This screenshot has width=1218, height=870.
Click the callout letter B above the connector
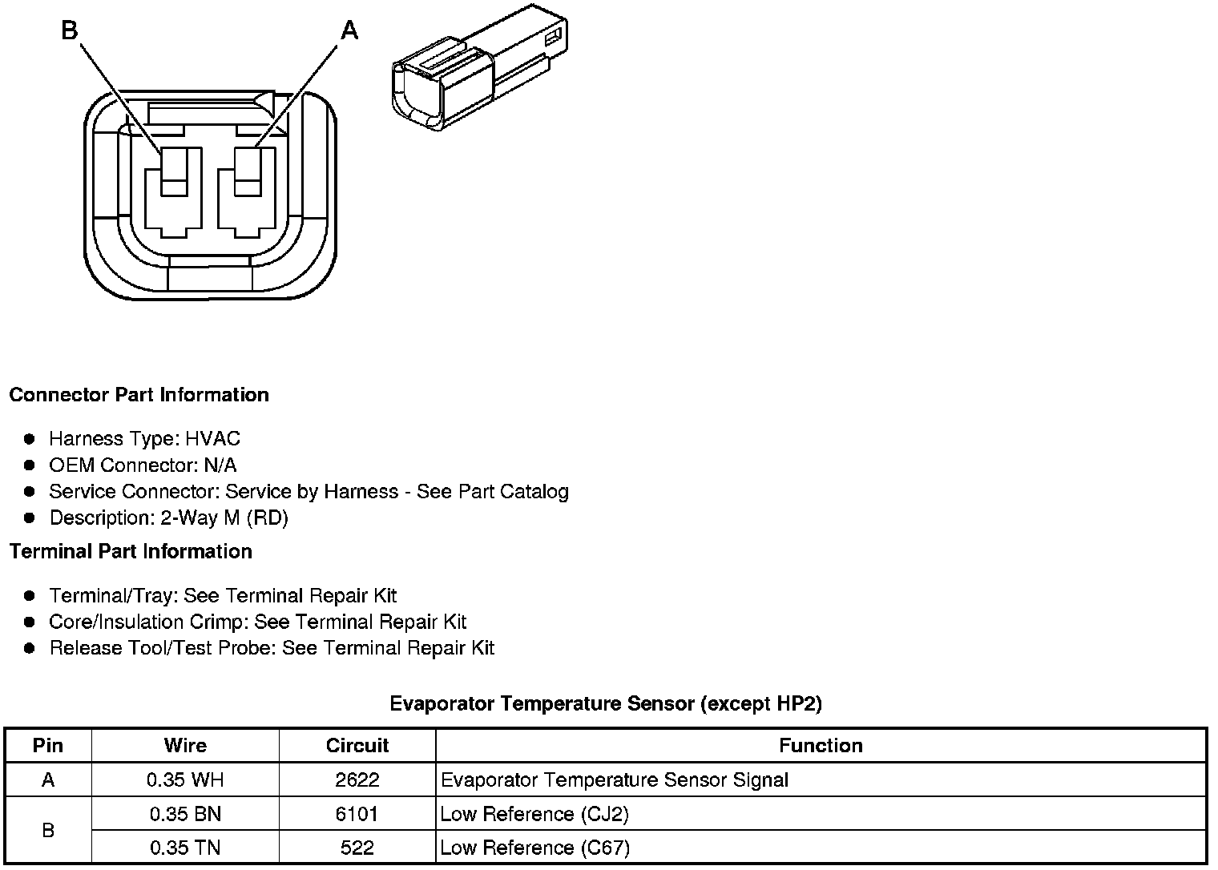coord(70,30)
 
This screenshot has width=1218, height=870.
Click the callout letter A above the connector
coord(349,30)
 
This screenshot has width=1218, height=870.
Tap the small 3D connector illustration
coord(478,68)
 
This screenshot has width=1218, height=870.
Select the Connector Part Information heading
coord(139,395)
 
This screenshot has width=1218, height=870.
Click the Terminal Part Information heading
coord(131,551)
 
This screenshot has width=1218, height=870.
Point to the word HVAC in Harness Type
coord(212,438)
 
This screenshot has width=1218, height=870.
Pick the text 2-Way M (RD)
coord(224,518)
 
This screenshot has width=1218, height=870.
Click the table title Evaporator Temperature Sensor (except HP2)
coord(606,703)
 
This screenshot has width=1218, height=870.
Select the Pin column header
coord(48,745)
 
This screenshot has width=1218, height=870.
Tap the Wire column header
coord(185,745)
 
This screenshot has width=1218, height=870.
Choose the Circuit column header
coord(357,745)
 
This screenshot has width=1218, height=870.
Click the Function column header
coord(821,745)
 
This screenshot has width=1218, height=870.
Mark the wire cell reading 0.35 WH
coord(185,779)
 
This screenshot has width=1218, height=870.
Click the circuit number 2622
coord(357,779)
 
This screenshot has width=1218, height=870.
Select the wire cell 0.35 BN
coord(185,814)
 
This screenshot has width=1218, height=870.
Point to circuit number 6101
coord(357,814)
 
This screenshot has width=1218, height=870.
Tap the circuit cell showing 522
coord(357,848)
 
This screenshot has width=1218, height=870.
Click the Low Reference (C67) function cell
coord(534,848)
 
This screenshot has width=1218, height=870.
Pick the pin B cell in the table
coord(48,831)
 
